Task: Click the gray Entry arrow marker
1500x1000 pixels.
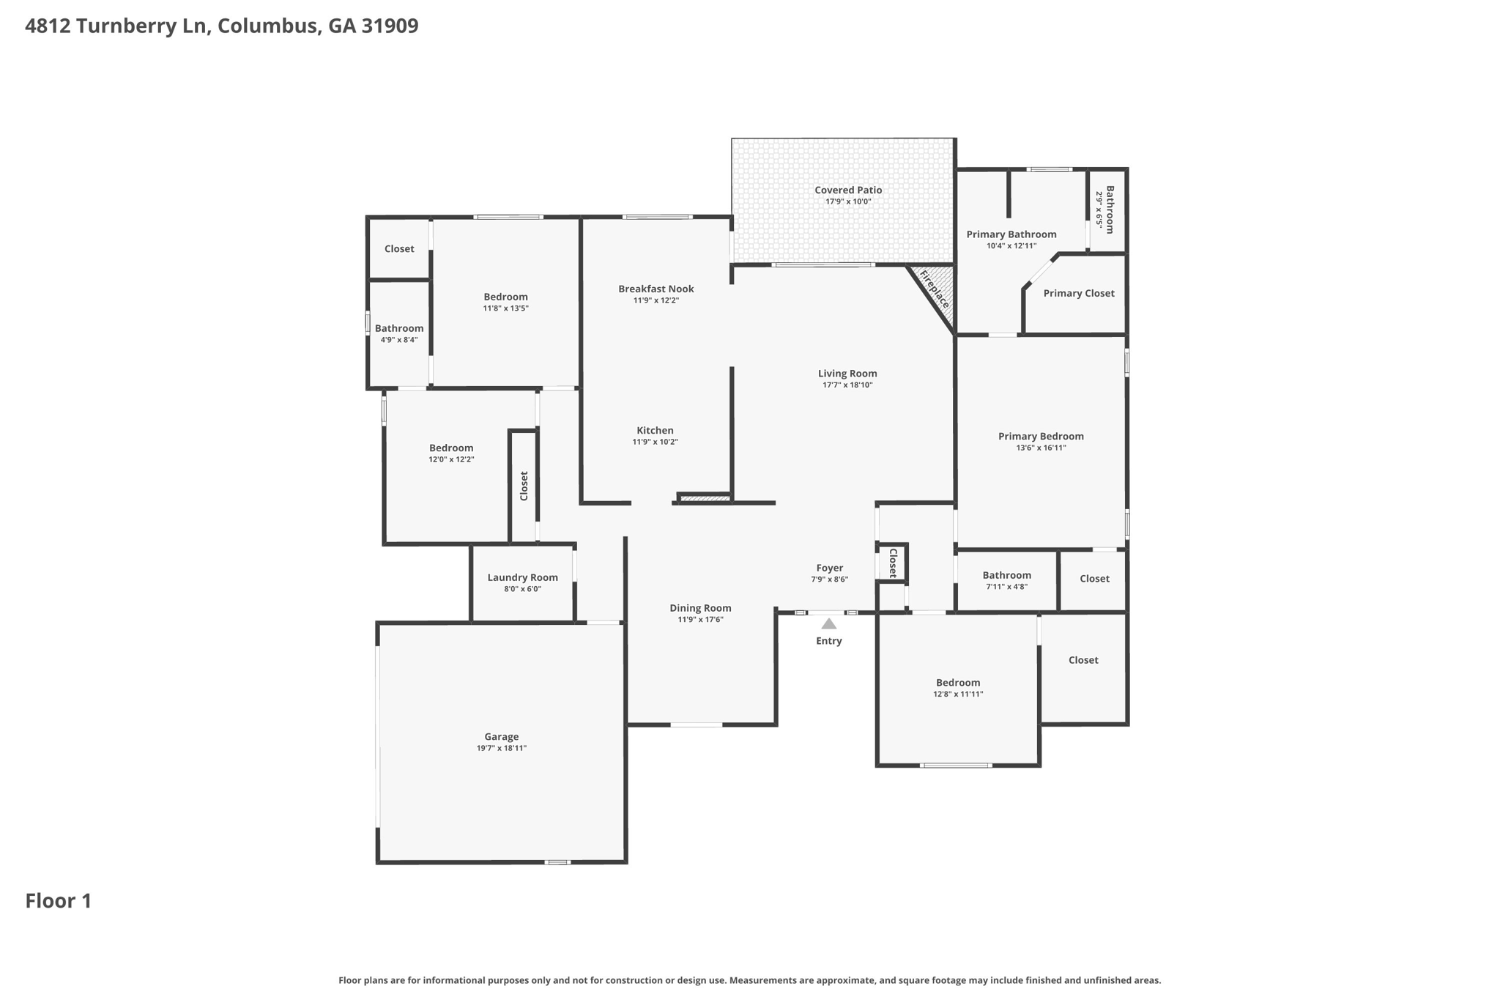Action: click(x=828, y=623)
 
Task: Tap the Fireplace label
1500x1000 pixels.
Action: click(x=935, y=289)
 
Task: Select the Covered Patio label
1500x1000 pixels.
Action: click(x=848, y=190)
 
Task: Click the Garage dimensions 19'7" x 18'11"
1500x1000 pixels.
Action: click(x=502, y=748)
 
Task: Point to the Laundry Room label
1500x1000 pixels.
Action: click(x=522, y=577)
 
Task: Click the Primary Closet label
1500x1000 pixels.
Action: click(x=1079, y=293)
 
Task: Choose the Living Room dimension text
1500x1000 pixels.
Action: click(x=847, y=385)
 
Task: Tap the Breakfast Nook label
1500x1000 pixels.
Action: click(x=656, y=289)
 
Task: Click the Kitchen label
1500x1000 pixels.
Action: click(x=655, y=430)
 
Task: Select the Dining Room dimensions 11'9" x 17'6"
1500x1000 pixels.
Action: click(x=700, y=619)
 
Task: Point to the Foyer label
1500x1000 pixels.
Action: click(x=830, y=568)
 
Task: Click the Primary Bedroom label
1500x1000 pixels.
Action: click(x=1041, y=436)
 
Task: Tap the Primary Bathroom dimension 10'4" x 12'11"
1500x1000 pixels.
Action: click(x=1011, y=245)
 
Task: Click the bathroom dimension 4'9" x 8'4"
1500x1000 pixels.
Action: click(x=399, y=339)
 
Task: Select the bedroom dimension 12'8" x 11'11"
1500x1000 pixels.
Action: click(x=958, y=694)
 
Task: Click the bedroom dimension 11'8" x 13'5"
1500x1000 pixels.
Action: click(x=505, y=308)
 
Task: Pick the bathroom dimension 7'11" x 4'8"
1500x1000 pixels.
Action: click(x=1007, y=586)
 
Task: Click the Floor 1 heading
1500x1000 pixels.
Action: click(x=59, y=900)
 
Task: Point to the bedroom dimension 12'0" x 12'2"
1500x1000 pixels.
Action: click(x=451, y=459)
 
